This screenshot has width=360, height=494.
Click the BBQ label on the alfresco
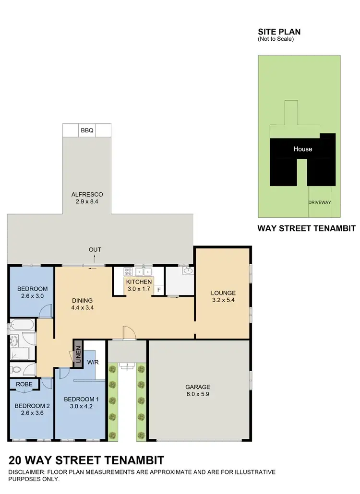coord(87,130)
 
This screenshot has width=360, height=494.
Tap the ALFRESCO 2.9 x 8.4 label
coord(87,198)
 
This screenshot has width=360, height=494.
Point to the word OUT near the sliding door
coord(95,249)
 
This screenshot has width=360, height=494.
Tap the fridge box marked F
coord(159,290)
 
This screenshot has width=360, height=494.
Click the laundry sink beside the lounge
coord(188,271)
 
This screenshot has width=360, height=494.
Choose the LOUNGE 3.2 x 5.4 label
coord(223,296)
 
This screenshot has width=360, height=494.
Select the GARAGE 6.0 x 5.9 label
coord(198,390)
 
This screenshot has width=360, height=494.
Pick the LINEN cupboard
coord(78,354)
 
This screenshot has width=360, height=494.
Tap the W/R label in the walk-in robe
coord(93,362)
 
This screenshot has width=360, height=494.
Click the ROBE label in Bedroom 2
coord(24,384)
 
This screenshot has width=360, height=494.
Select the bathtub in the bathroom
coord(22,325)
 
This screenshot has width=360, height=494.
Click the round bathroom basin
coord(14,341)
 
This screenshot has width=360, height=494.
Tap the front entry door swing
coord(128,332)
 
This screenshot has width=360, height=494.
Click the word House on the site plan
coord(302,149)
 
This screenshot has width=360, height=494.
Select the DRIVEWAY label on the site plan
coord(320,202)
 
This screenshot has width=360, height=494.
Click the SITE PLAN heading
coord(279,32)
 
